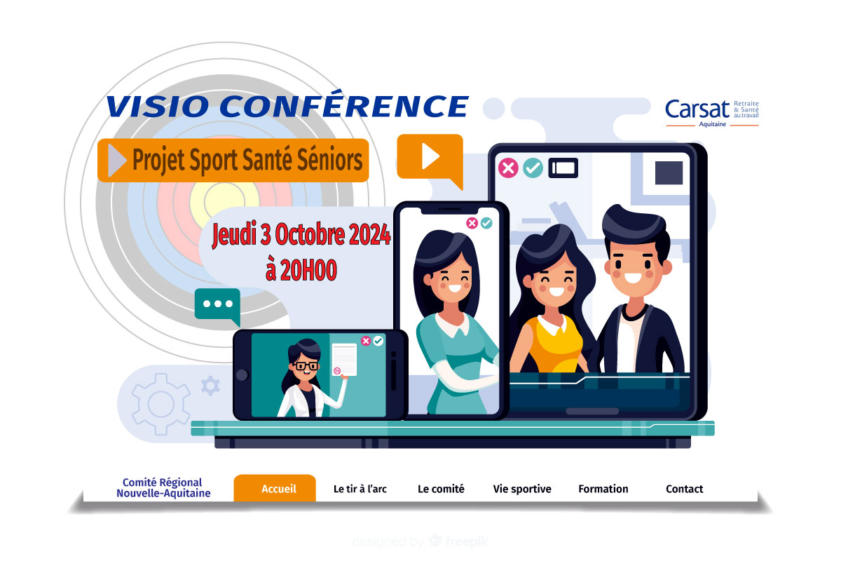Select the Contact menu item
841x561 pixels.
[x=684, y=489]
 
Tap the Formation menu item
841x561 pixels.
[x=603, y=489]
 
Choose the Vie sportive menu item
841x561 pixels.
[x=522, y=489]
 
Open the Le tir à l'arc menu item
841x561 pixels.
[x=360, y=489]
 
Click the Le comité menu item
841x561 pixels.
[x=441, y=489]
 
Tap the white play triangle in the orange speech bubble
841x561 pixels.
[x=430, y=156]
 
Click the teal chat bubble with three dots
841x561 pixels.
[x=218, y=306]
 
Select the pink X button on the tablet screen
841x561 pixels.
[x=508, y=168]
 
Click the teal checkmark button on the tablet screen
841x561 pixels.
[x=533, y=168]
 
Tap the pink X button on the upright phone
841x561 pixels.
[x=472, y=223]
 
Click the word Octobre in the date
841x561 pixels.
[x=310, y=234]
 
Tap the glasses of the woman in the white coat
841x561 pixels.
[x=306, y=365]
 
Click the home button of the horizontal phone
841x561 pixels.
[x=242, y=374]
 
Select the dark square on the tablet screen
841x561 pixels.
[x=669, y=173]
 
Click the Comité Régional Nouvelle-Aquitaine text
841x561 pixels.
[x=163, y=487]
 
